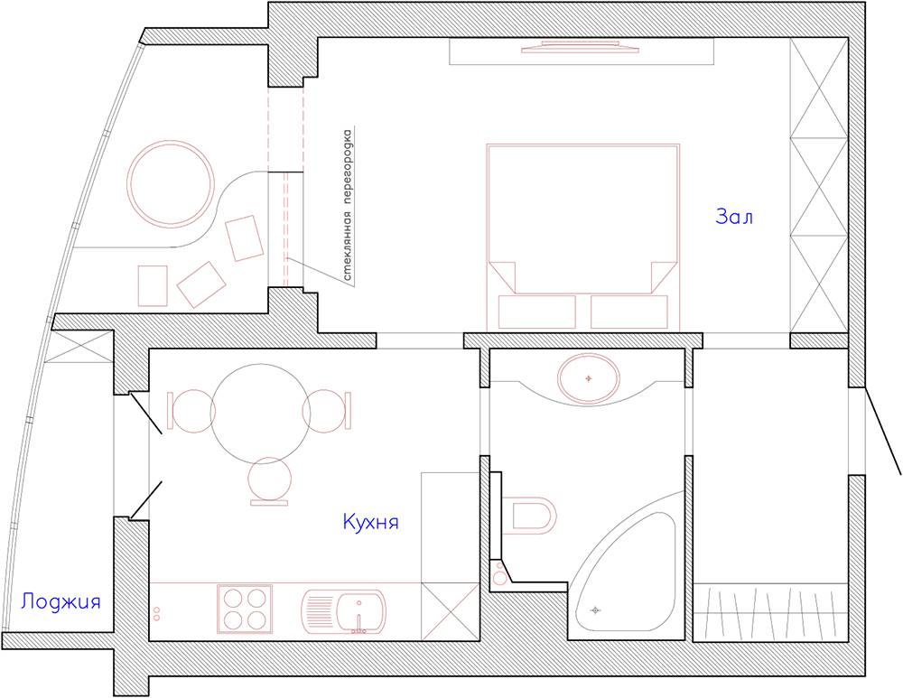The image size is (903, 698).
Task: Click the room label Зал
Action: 734,217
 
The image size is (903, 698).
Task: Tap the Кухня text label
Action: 371,522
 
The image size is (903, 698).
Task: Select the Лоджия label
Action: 61,602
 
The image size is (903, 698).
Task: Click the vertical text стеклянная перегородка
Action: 348,206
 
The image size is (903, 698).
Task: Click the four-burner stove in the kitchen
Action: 245,609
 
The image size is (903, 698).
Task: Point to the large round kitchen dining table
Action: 260,413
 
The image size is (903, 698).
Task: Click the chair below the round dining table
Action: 269,481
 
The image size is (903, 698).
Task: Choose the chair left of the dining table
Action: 191,411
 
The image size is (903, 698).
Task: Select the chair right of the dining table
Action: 327,411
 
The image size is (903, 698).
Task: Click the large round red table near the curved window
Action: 171,183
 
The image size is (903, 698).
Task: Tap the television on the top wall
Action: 580,47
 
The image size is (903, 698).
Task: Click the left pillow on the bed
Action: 536,312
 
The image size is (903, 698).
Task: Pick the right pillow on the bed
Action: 628,312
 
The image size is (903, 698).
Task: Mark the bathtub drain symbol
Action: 595,610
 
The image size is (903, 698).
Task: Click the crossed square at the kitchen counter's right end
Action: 451,611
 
